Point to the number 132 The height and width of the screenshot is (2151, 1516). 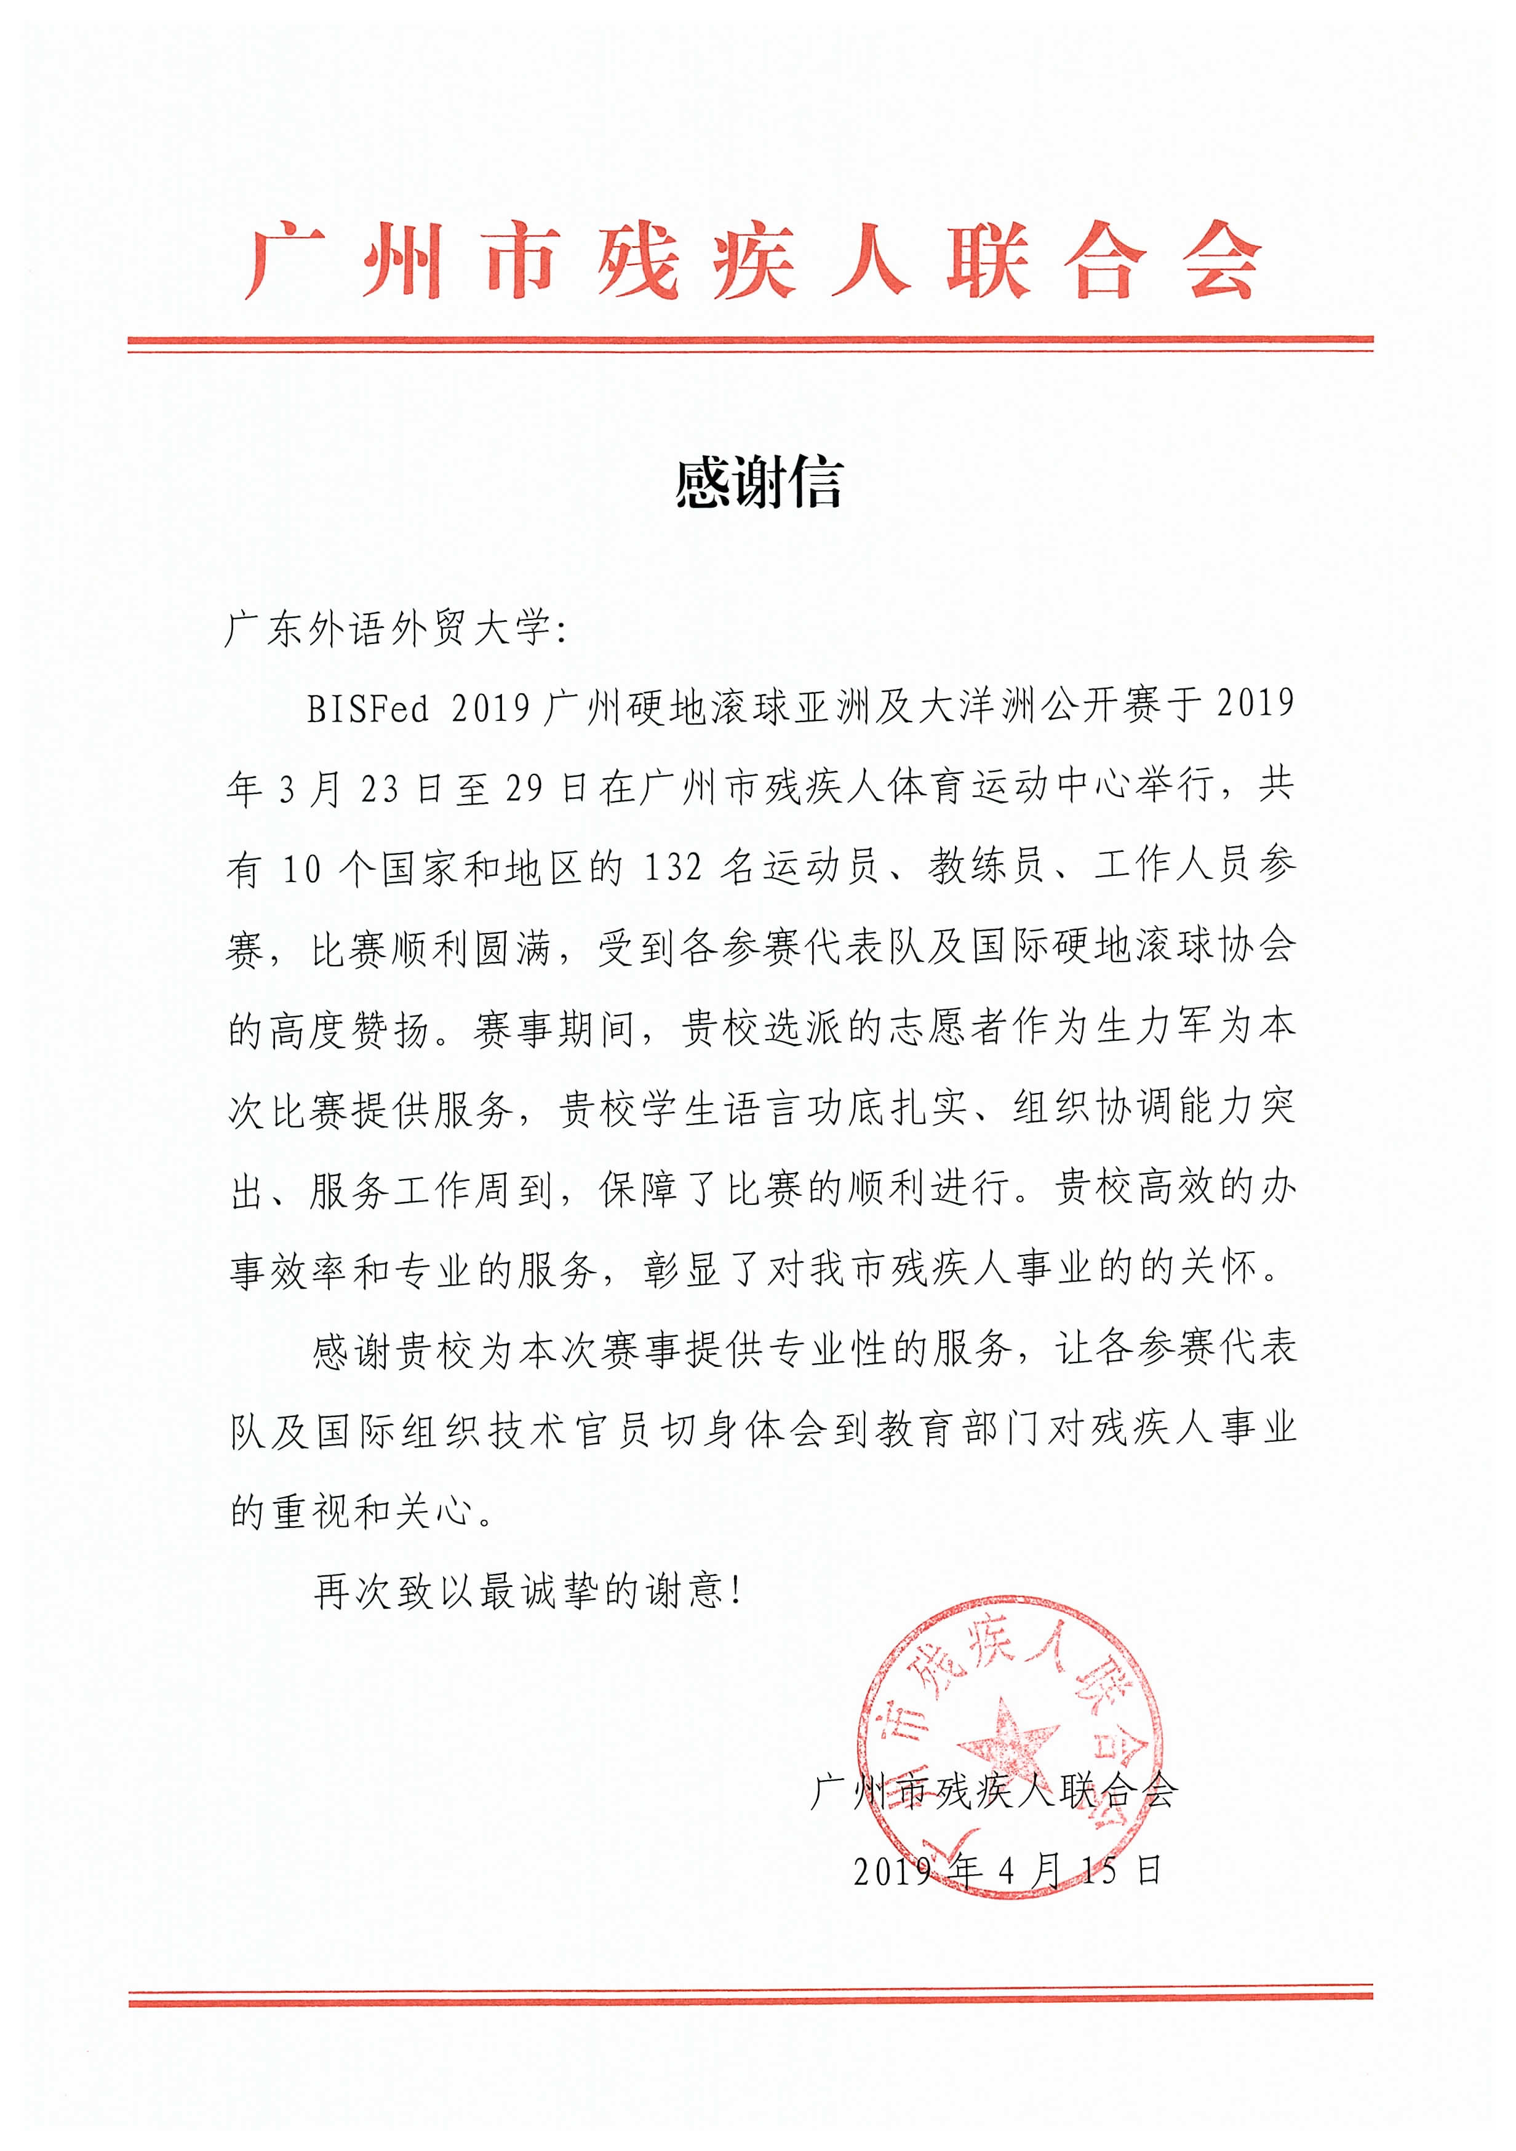[x=672, y=869]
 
